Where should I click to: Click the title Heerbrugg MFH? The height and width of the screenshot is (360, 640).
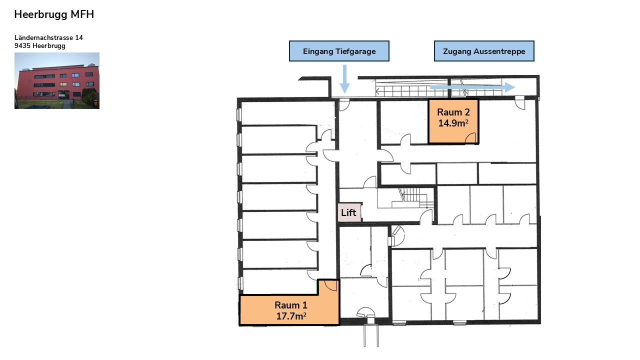click(54, 14)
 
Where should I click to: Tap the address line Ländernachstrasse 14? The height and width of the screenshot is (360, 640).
click(48, 37)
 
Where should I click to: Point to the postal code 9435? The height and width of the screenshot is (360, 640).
click(22, 45)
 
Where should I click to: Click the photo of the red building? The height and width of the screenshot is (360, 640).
click(57, 80)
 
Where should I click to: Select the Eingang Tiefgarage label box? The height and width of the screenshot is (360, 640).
click(339, 51)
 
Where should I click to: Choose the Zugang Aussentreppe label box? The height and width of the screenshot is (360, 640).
click(484, 51)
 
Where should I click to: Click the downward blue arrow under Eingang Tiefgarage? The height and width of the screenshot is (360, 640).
click(344, 79)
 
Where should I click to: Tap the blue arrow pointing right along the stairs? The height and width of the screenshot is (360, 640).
click(472, 87)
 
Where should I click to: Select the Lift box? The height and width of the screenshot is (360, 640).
click(349, 212)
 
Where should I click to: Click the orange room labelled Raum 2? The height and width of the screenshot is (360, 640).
click(453, 121)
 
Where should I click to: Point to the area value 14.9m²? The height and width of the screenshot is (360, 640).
click(453, 123)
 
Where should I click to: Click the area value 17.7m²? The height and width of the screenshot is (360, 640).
click(291, 316)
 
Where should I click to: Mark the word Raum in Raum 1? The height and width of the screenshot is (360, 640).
click(287, 305)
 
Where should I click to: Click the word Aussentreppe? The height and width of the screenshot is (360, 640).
click(499, 51)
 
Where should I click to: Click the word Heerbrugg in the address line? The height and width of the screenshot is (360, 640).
click(49, 46)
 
